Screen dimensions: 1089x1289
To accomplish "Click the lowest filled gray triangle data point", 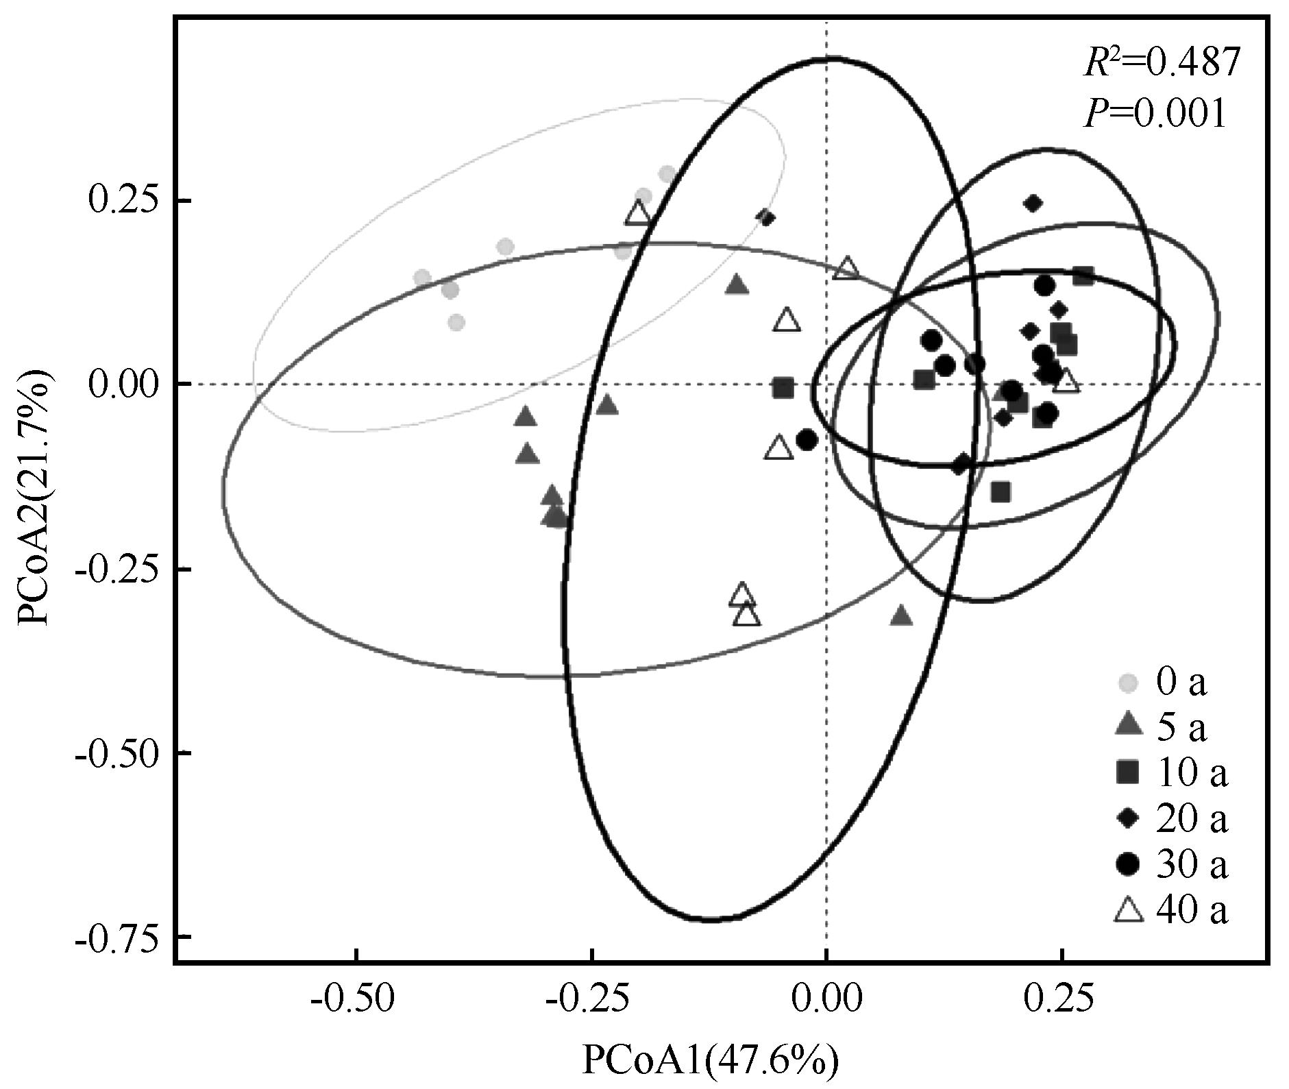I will [x=902, y=616].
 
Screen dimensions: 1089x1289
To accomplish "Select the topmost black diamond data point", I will [x=1033, y=203].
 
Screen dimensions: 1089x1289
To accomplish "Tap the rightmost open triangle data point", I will [x=1066, y=382].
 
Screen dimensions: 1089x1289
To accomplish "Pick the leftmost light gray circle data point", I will [x=422, y=278].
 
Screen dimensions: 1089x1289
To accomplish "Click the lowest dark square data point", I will [x=1000, y=491].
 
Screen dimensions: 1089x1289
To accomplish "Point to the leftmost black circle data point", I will [x=807, y=439].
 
